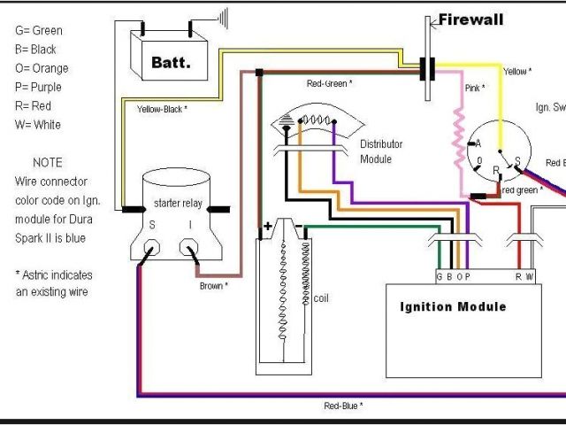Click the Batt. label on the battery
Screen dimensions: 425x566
click(172, 64)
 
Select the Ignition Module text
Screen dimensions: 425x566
click(454, 307)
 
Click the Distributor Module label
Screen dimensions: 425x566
click(381, 151)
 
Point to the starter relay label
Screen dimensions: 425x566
click(178, 204)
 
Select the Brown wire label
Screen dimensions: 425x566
click(213, 286)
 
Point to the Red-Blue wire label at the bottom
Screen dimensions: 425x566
click(344, 406)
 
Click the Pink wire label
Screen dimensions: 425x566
click(474, 89)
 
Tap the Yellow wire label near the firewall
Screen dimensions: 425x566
click(516, 72)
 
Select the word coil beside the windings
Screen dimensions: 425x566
click(321, 298)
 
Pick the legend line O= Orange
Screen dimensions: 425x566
click(41, 68)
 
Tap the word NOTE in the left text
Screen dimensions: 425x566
click(47, 163)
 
